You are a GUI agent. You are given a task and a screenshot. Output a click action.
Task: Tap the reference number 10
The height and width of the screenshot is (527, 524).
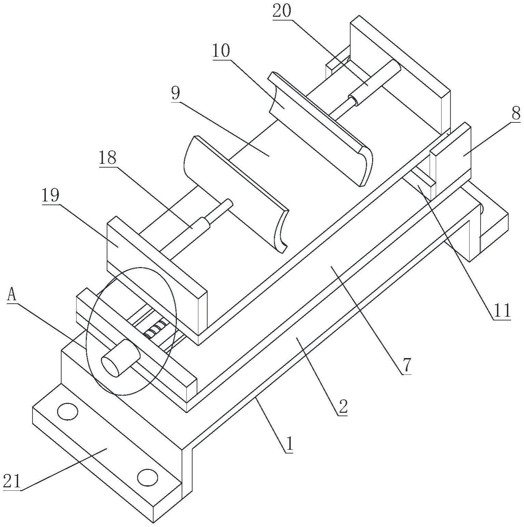click(221, 51)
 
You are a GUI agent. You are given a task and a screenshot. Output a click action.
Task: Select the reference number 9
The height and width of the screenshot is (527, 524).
click(175, 93)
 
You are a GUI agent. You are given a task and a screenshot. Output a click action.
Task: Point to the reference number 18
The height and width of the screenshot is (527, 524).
click(108, 158)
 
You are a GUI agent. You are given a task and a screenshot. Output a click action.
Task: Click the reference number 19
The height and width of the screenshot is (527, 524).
click(51, 196)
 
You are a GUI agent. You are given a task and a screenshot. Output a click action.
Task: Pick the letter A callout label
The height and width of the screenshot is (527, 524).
click(12, 294)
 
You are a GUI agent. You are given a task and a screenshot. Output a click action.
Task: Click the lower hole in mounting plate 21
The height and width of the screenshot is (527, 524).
click(147, 477)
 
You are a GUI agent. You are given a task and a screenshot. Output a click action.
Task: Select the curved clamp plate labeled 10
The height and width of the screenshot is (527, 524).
click(320, 129)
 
